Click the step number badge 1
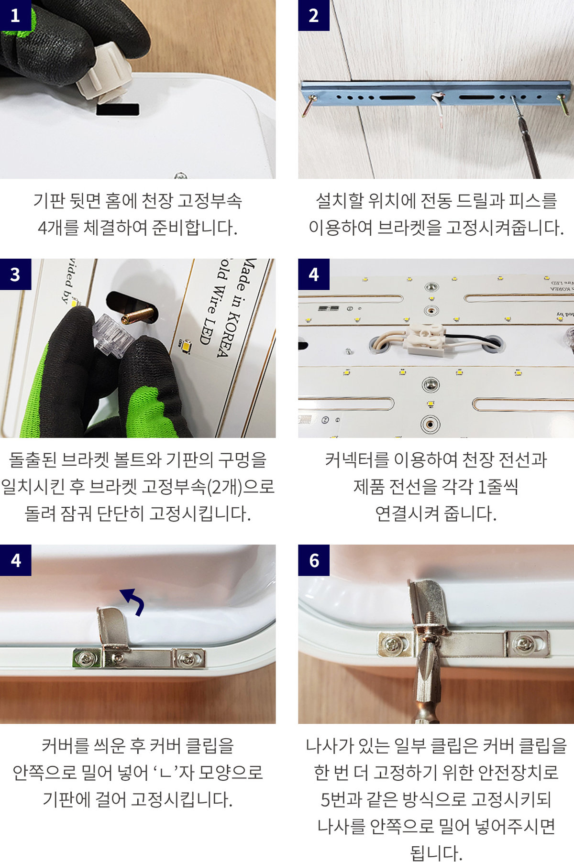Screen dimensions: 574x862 tap(15, 15)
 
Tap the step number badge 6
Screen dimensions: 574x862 tap(314, 560)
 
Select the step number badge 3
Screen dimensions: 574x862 tap(15, 274)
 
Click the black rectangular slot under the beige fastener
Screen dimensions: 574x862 tap(118, 109)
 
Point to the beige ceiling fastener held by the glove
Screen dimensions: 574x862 tap(104, 72)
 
